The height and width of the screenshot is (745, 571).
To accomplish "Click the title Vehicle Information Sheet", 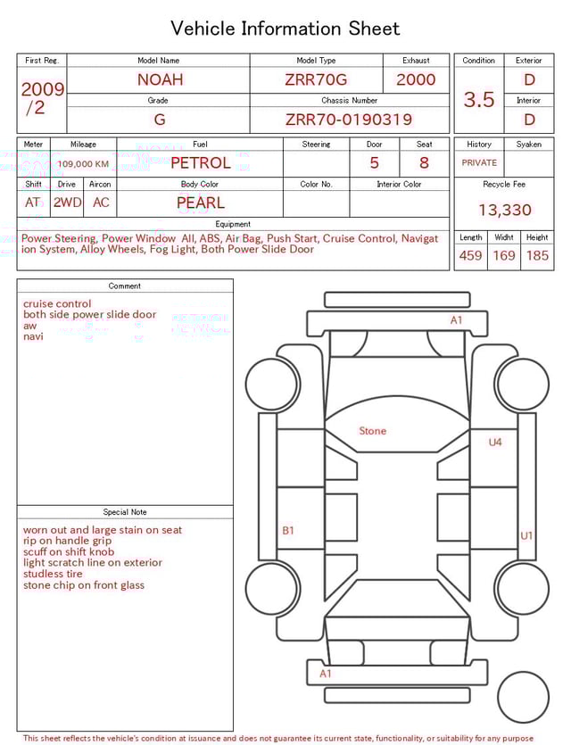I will coord(285,29).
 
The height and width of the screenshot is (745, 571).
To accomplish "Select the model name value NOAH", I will coord(160,79).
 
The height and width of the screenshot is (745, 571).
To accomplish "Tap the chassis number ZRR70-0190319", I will coord(349,120).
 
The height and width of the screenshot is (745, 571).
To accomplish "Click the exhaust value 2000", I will coord(416,79).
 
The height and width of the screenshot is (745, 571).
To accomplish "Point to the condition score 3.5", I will coord(479,100).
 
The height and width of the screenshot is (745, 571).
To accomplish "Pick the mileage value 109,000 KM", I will coord(84,164).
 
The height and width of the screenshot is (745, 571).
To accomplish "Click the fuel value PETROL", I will coord(200,163).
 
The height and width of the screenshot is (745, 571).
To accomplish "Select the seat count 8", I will coord(424,163).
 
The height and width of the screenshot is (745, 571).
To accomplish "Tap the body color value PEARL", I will coord(200,203).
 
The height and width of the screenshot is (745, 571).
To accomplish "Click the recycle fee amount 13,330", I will coord(504,211).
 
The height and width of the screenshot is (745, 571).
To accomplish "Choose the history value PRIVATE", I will coord(479,163).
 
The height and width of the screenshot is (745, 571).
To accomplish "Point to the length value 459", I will coord(470,256).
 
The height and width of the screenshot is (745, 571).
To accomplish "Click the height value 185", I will coord(537,256).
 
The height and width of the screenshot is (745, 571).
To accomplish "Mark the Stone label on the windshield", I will coord(372,431).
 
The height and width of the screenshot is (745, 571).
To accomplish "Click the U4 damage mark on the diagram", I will coord(495,442).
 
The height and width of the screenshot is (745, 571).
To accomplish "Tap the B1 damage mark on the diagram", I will coord(288,531).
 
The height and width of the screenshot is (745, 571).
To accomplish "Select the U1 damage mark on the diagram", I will coord(526,535).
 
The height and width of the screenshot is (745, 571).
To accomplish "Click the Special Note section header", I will coord(125,512).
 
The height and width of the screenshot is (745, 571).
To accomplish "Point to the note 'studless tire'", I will coord(53,574).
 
